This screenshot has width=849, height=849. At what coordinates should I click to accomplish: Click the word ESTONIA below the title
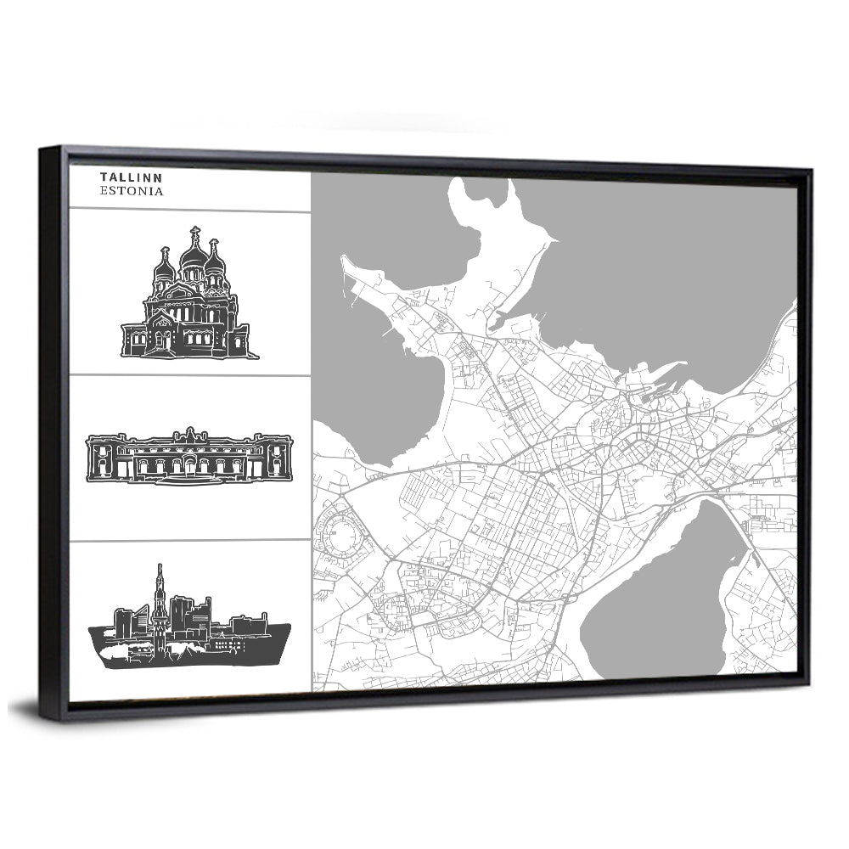[132, 192]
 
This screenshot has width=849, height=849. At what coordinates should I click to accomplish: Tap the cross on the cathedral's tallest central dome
[194, 232]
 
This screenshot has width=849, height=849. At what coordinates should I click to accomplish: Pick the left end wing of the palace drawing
[102, 458]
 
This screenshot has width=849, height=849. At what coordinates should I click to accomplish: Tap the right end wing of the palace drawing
[278, 458]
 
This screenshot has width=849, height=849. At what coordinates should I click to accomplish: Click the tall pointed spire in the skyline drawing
[158, 582]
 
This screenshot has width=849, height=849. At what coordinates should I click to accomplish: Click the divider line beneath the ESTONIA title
[189, 211]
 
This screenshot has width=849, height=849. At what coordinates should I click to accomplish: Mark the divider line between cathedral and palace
[189, 374]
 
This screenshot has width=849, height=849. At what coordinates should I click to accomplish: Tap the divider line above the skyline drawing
[189, 539]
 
